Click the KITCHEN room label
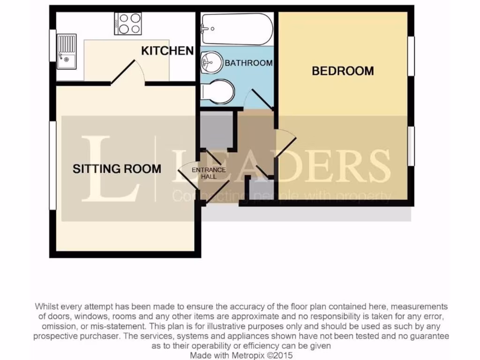coord(167,51)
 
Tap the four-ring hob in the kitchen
coord(128,23)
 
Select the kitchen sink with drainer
coord(66,51)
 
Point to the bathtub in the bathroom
coord(237,29)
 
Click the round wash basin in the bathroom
coord(211,62)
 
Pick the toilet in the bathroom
coord(217,92)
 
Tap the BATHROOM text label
coord(248,63)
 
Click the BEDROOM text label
coord(343,71)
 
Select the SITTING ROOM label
coord(117,169)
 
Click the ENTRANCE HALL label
coord(209,173)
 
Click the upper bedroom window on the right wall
coord(411,55)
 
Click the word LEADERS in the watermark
coord(281,166)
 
